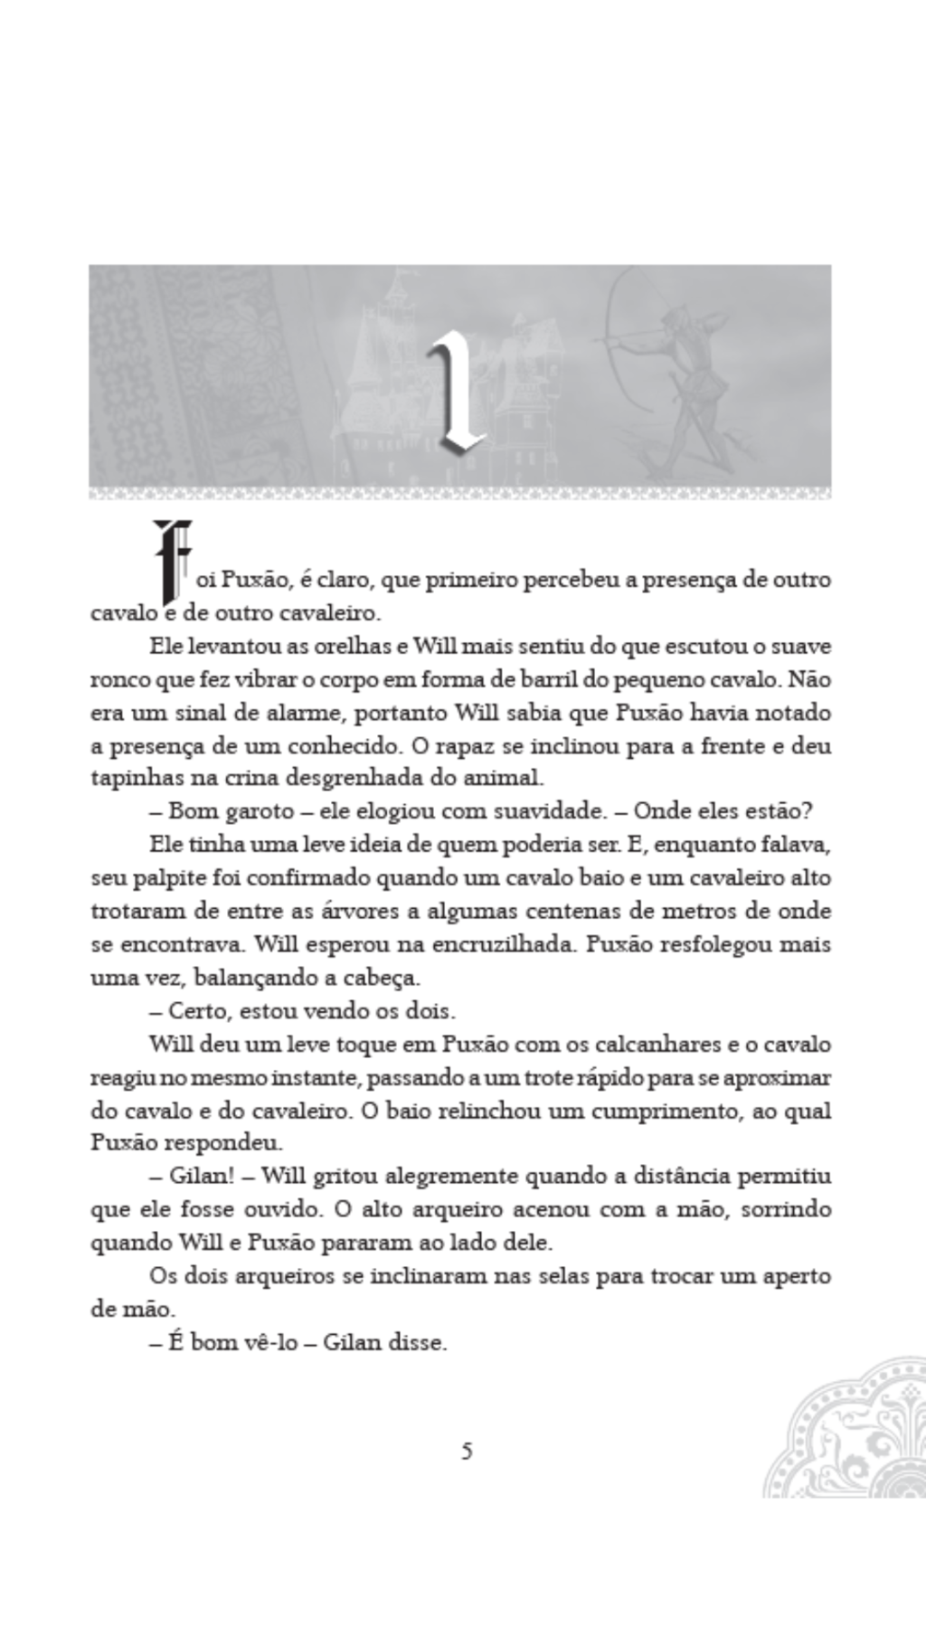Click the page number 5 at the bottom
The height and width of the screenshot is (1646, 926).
(x=467, y=1452)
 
